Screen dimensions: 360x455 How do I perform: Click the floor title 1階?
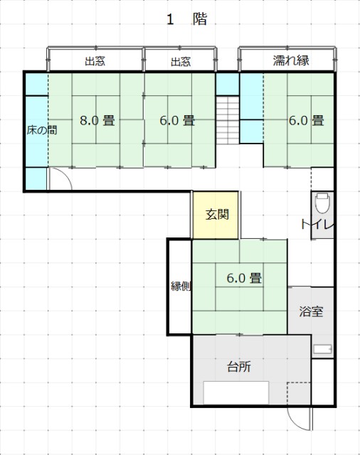tap(186, 19)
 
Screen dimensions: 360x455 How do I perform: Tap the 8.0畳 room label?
tap(97, 120)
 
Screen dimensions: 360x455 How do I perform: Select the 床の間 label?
tap(42, 130)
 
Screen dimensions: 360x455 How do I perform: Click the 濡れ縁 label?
tap(290, 60)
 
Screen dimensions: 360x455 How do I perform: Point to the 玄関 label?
tap(217, 215)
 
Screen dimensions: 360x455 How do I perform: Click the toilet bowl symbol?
tap(322, 203)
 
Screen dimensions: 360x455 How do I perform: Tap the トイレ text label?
tap(317, 225)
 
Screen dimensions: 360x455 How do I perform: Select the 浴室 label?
tap(311, 311)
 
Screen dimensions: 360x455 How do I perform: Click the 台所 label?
tap(238, 367)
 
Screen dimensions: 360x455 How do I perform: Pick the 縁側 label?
tap(181, 287)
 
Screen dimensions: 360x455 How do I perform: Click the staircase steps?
tap(228, 120)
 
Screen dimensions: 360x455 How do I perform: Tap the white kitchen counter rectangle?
tap(236, 392)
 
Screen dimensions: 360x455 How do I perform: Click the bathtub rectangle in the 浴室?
tap(322, 349)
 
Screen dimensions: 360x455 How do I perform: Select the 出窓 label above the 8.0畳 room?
tap(95, 61)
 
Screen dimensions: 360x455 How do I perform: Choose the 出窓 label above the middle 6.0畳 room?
tap(181, 62)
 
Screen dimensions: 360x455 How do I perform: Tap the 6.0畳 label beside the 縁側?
tap(244, 278)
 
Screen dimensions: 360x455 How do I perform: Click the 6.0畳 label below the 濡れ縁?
tap(307, 120)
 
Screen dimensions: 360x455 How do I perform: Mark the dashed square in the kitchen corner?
tap(299, 393)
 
